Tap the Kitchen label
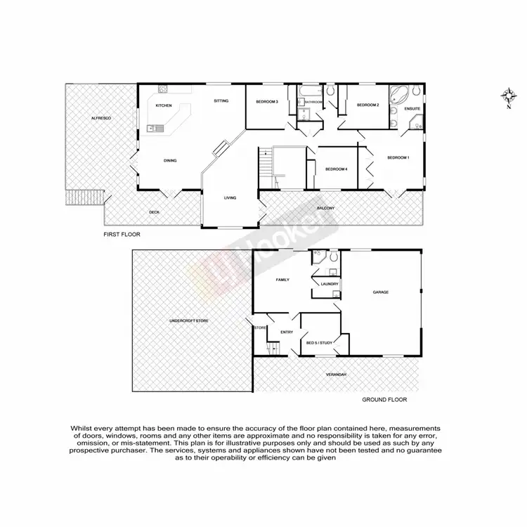click(164, 105)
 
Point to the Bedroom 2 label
click(367, 105)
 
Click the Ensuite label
click(413, 109)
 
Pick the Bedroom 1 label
click(398, 157)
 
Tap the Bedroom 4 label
click(337, 169)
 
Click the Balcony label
click(325, 209)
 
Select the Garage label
click(381, 292)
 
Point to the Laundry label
click(330, 284)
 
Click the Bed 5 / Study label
click(319, 343)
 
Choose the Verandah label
click(337, 375)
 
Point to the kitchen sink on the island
click(156, 128)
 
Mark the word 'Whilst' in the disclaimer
click(82, 427)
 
